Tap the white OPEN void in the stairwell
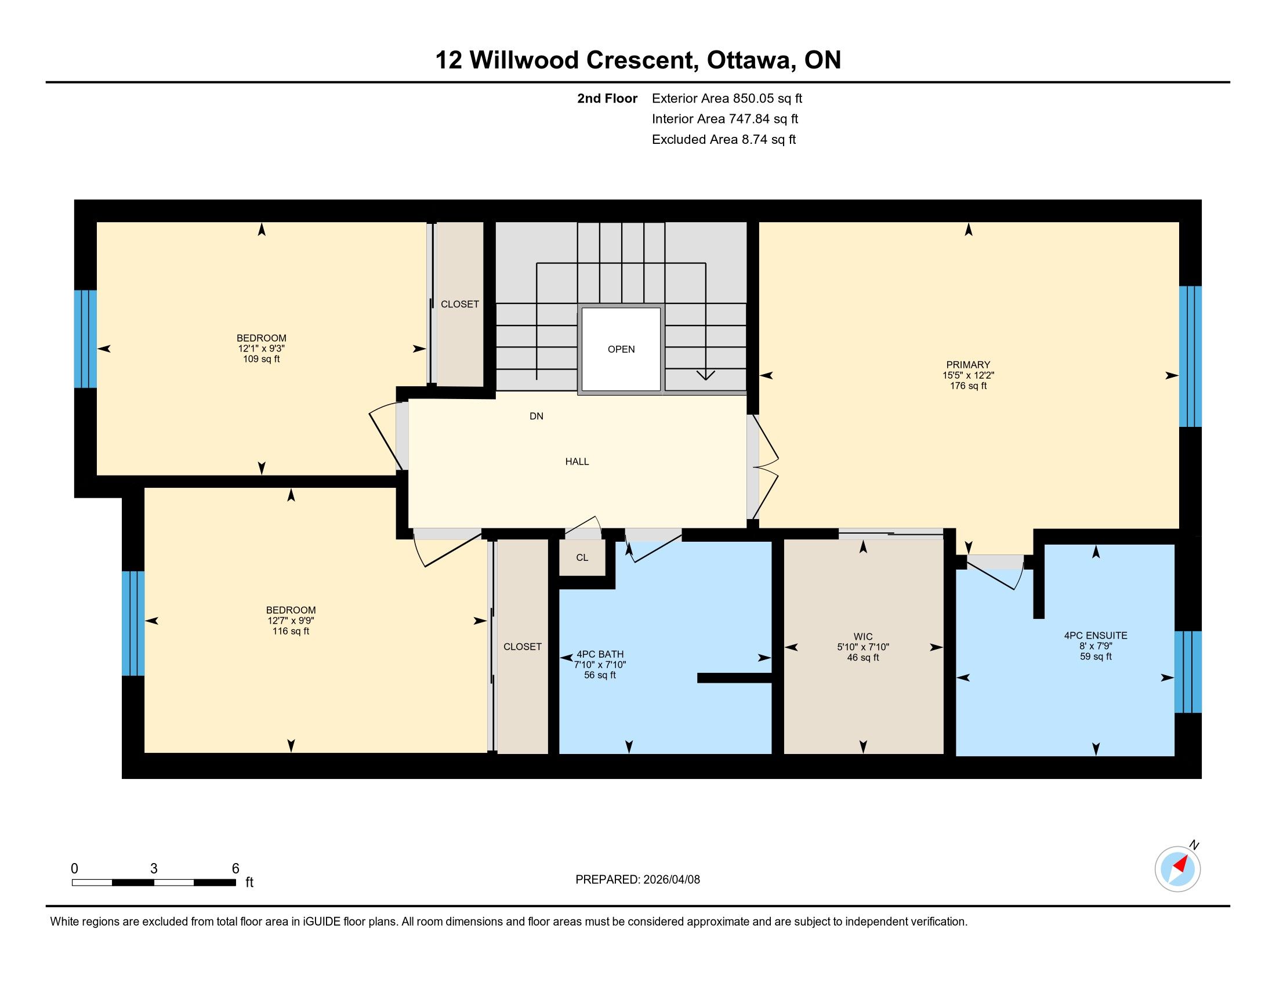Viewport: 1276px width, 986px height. pos(621,349)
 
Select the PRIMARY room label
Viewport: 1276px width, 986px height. pos(968,365)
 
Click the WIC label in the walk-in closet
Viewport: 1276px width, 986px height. pos(863,637)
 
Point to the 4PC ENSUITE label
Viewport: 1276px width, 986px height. pos(1096,636)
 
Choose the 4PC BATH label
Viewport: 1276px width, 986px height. pos(600,654)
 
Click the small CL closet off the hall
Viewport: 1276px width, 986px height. pos(582,558)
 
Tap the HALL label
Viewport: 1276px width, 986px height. pos(577,462)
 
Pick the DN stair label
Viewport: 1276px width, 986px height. pos(536,416)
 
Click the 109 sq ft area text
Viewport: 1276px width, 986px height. pos(261,359)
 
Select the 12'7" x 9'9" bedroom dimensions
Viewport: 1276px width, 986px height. pos(291,621)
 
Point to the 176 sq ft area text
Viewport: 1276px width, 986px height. pos(968,386)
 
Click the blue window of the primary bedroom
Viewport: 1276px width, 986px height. pos(1190,356)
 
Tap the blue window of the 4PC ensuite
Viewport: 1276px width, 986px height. pos(1188,672)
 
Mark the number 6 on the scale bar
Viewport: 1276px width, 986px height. pos(235,869)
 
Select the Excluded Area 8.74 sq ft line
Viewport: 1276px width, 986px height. pos(724,140)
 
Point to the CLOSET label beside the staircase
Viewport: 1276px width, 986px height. pos(460,304)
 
